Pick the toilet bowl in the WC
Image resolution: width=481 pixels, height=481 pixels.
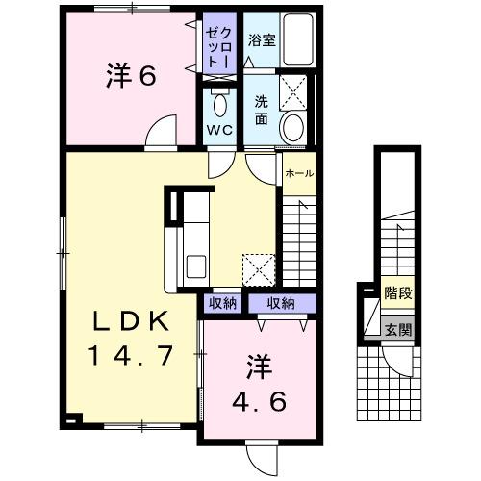click(219, 104)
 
